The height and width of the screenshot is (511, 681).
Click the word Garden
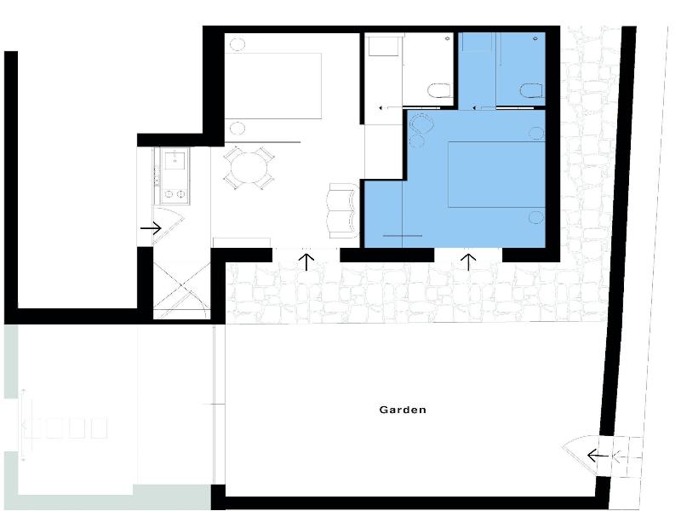(x=403, y=410)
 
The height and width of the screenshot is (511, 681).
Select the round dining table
(x=249, y=168)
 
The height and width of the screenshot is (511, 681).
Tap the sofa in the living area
(x=343, y=210)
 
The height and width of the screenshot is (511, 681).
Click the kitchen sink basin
(x=175, y=159)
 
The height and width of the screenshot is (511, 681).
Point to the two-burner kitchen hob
(x=175, y=194)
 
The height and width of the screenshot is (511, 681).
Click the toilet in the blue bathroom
(x=531, y=90)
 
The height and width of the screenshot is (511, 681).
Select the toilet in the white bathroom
(x=439, y=90)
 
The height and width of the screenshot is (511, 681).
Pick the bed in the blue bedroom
(x=496, y=175)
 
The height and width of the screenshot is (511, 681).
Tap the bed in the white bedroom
(x=273, y=86)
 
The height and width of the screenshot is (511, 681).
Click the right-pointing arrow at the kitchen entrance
(x=151, y=228)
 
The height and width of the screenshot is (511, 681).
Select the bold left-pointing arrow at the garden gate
(x=598, y=456)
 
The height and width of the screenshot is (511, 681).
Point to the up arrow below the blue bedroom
(x=468, y=262)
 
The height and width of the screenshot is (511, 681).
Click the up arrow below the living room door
(x=307, y=262)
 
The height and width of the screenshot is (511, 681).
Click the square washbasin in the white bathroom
(x=384, y=46)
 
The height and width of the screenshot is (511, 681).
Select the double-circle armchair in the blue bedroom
(x=421, y=130)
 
